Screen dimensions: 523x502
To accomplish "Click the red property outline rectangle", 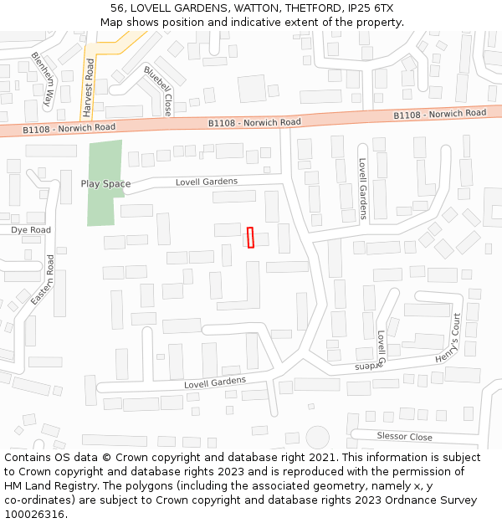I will pos(250,237).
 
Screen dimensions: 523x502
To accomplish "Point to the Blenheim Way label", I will pos(43,80).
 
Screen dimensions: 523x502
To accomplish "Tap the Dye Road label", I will pos(31,230).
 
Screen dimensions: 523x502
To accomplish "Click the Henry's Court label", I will pos(449,339).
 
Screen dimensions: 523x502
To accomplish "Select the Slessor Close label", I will pos(404,437).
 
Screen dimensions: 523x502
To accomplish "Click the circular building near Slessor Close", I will pos(317,437).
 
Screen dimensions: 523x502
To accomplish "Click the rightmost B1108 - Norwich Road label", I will pos(440,114).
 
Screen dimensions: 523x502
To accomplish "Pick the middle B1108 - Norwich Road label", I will pos(254,122).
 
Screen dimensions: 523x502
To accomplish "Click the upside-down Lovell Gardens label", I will pos(366,367).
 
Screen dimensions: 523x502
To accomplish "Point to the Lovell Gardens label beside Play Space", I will pos(207,182).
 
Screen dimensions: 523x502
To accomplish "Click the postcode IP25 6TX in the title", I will pos(368,8).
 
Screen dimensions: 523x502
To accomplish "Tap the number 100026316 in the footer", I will pos(33,514).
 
